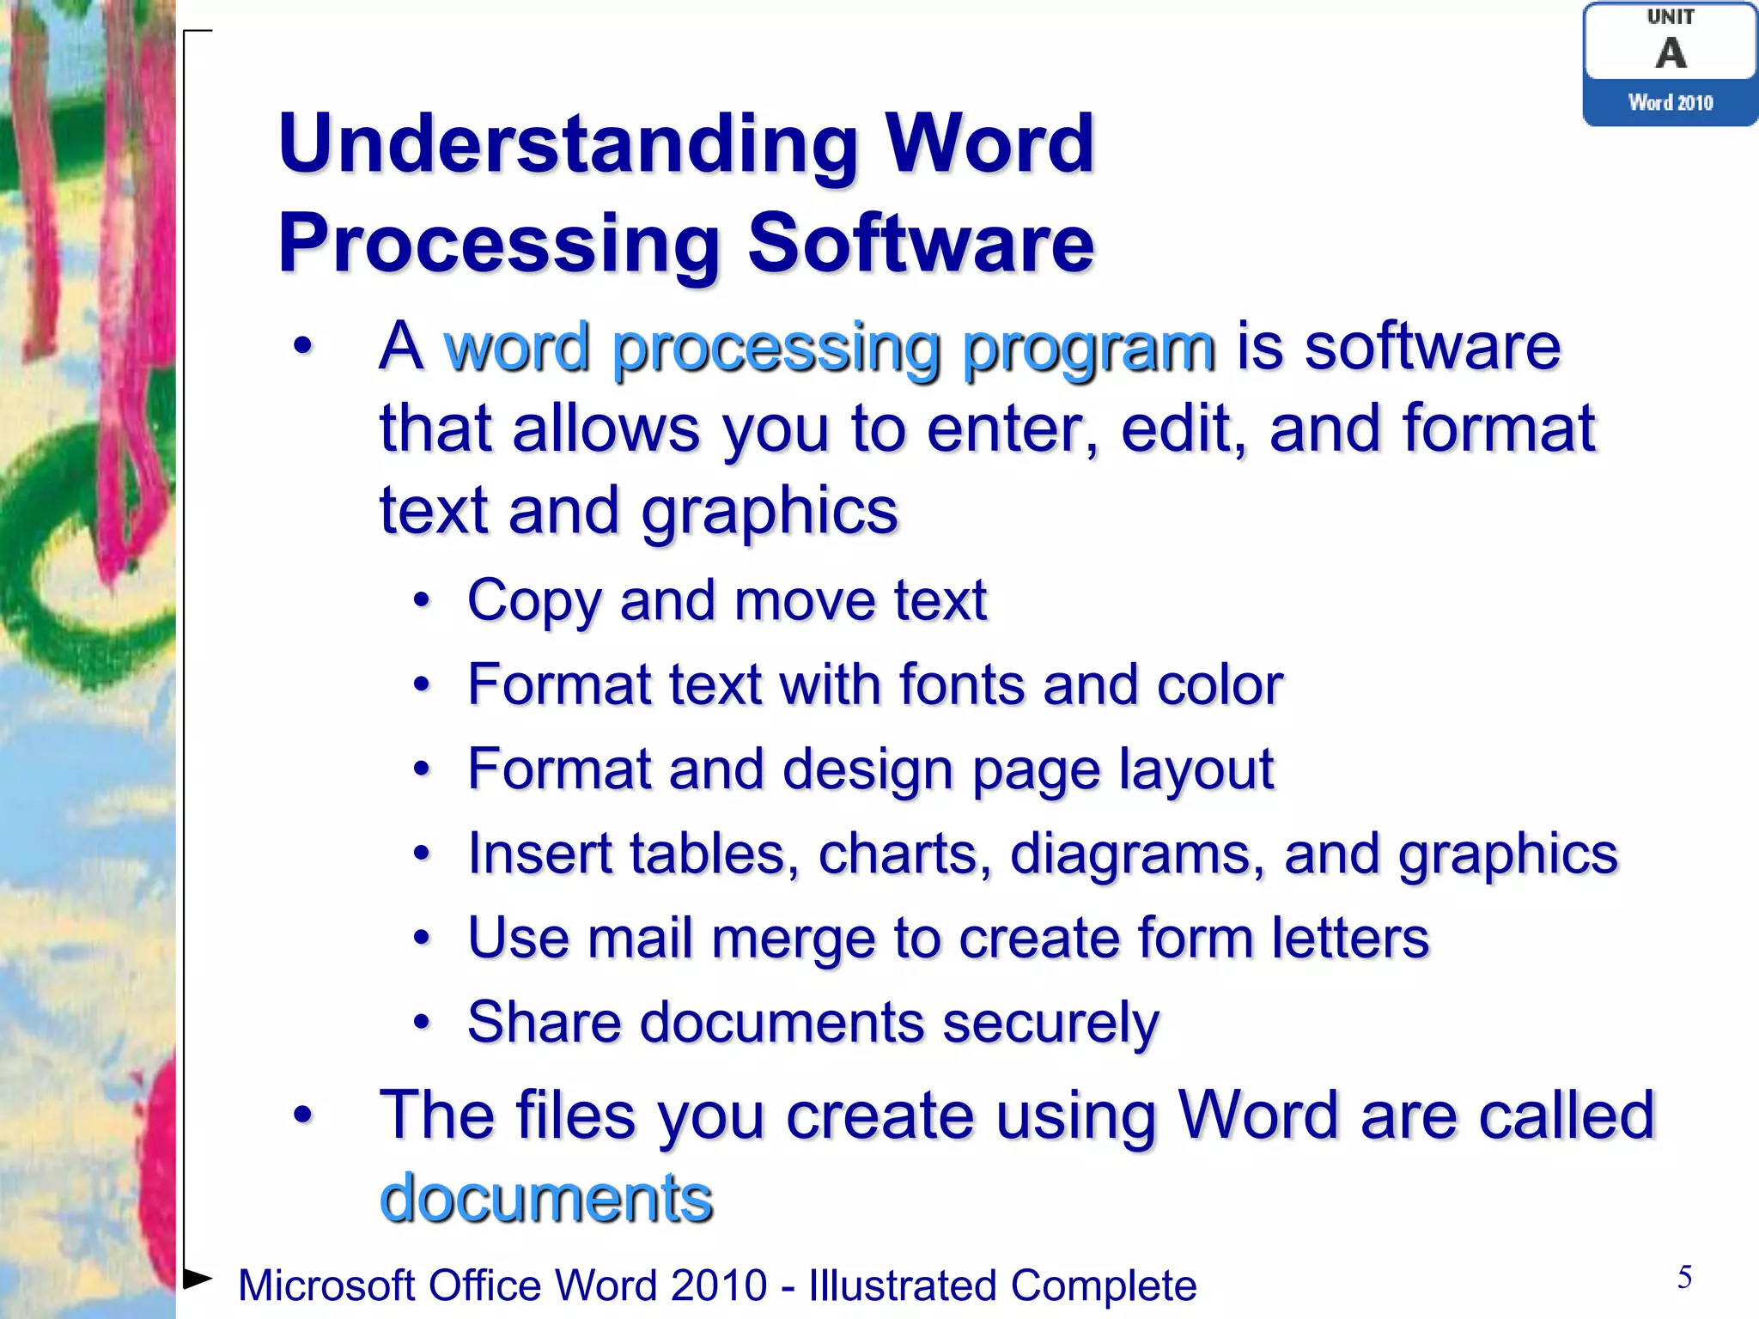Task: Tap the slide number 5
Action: click(1684, 1277)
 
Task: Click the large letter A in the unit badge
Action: click(1671, 53)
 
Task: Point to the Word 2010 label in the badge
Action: click(1671, 103)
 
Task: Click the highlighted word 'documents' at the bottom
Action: click(546, 1198)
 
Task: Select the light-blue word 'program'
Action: click(1088, 349)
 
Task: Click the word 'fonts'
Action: click(962, 685)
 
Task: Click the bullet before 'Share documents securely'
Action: click(421, 1023)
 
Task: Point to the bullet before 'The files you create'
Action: click(302, 1115)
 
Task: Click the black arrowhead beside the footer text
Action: click(198, 1279)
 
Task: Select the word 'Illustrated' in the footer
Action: click(900, 1286)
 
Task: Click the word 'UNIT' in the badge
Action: click(1671, 17)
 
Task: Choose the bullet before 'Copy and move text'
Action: click(421, 600)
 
